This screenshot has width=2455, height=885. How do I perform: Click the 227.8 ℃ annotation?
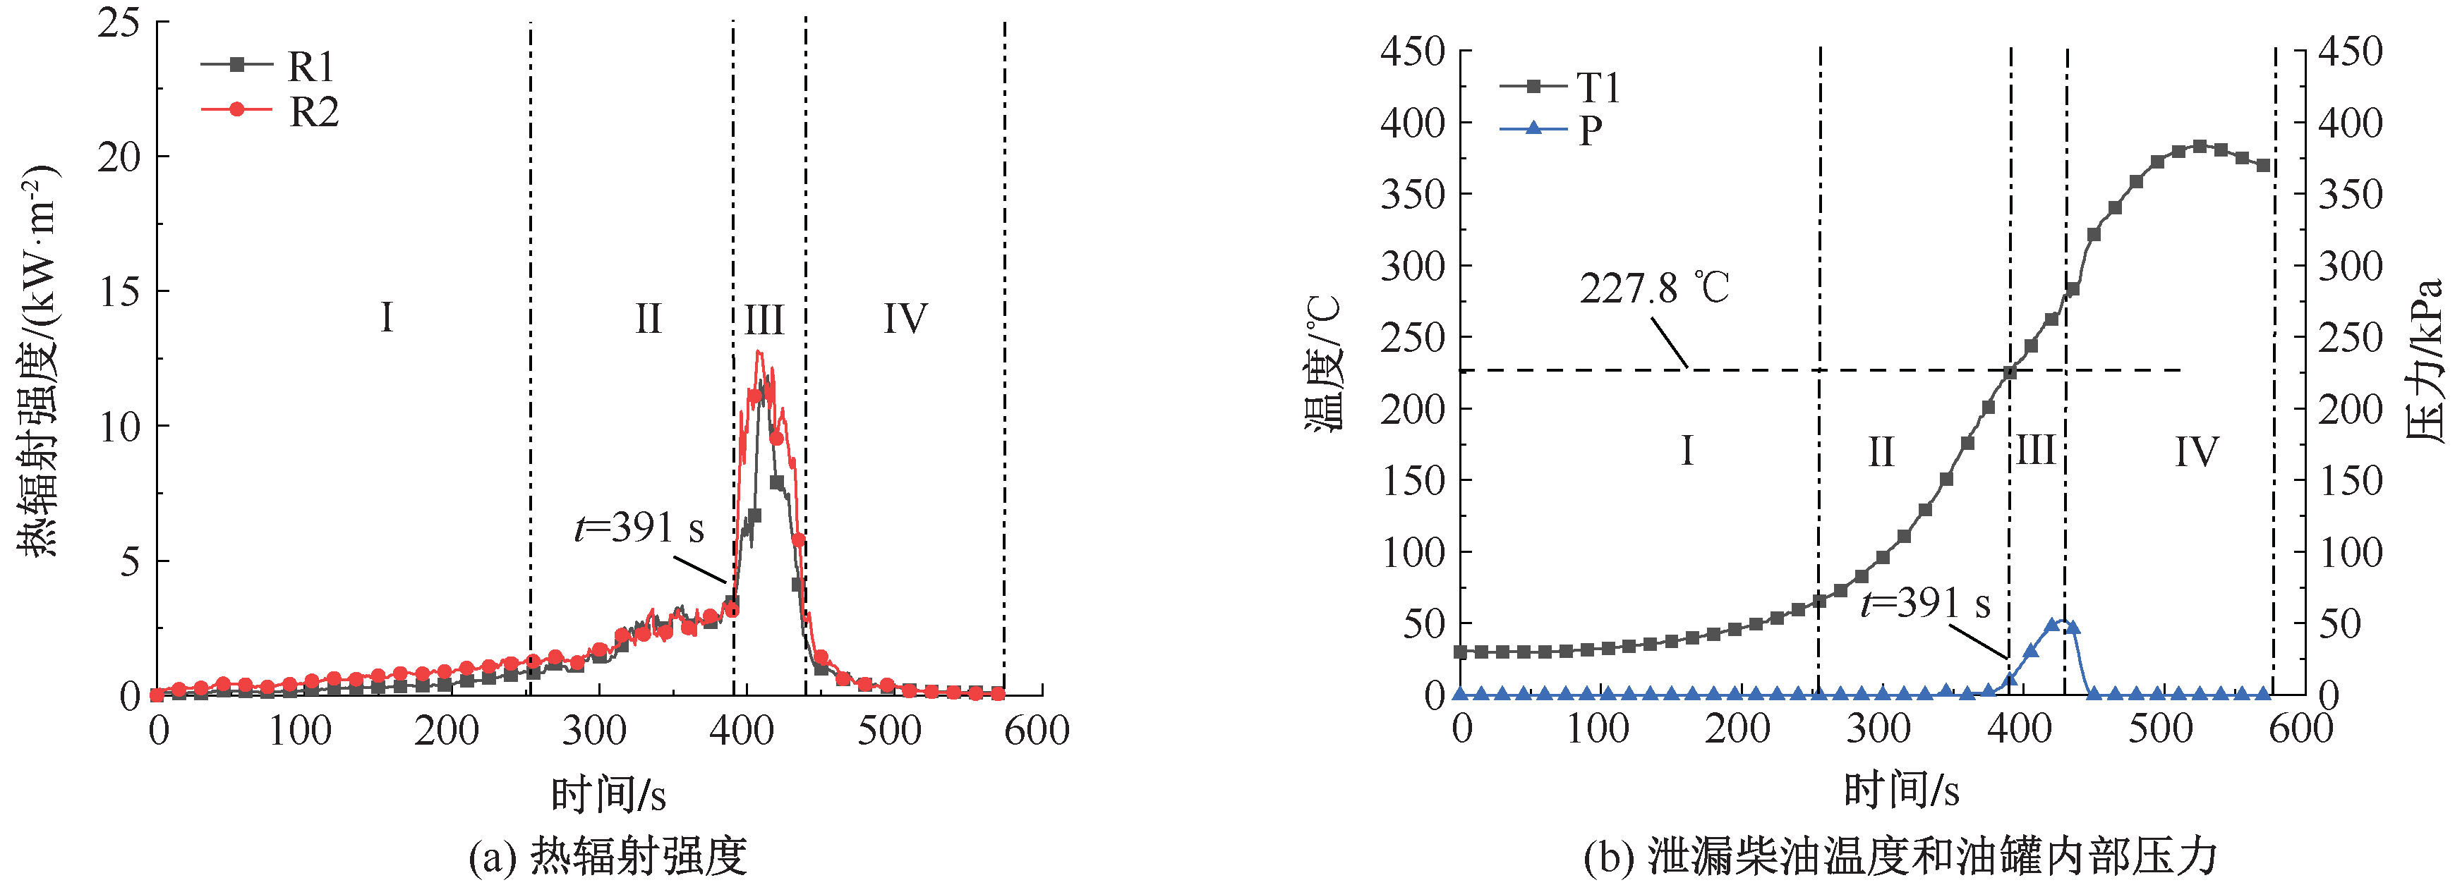(x=1653, y=288)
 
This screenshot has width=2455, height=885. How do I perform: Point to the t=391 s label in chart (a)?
(x=639, y=527)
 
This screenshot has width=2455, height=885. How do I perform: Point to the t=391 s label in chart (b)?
(x=1925, y=603)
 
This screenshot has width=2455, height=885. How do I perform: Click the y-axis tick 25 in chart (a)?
(x=119, y=22)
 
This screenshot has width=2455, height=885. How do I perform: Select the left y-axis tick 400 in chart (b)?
(x=1413, y=123)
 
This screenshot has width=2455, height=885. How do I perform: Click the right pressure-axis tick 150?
(x=2350, y=481)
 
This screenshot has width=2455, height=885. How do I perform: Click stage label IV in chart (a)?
(x=905, y=318)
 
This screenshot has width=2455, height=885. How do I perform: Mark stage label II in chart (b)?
(x=1881, y=451)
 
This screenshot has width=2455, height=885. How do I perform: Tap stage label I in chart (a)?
(x=387, y=317)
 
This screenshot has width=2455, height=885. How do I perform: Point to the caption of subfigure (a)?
(x=608, y=856)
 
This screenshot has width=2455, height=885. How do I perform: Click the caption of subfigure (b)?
(x=1900, y=856)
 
